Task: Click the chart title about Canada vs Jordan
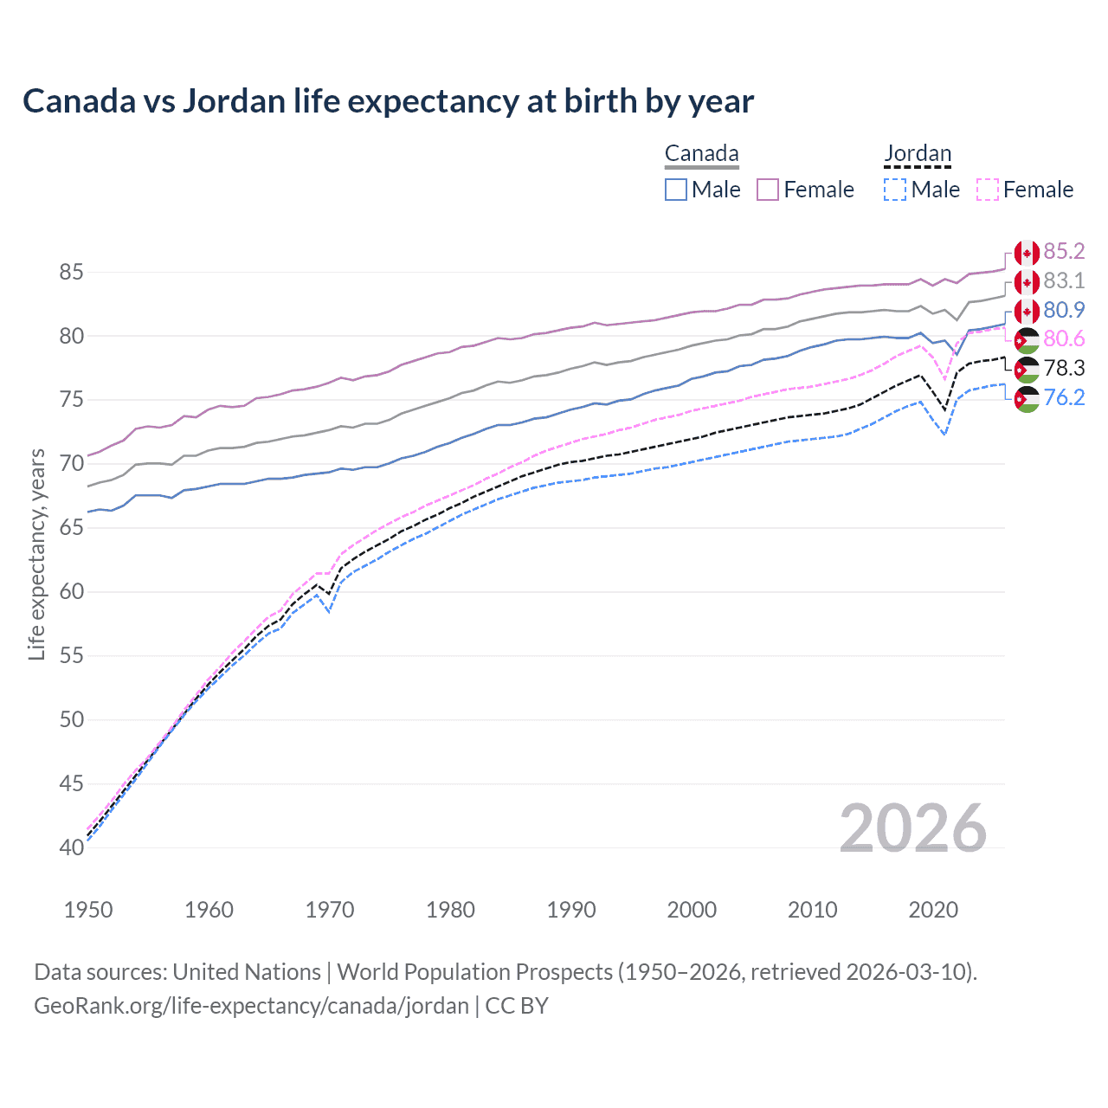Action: pyautogui.click(x=388, y=101)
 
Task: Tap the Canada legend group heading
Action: pyautogui.click(x=701, y=154)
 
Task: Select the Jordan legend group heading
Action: pyautogui.click(x=918, y=154)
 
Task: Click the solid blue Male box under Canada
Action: pyautogui.click(x=676, y=190)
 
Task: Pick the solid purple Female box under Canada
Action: pyautogui.click(x=768, y=190)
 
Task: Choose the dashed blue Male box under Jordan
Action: pyautogui.click(x=895, y=190)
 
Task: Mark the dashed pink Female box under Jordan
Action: pyautogui.click(x=988, y=190)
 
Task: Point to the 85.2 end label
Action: pyautogui.click(x=1064, y=251)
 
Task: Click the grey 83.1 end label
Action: pyautogui.click(x=1064, y=280)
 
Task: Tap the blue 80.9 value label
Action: pyautogui.click(x=1064, y=310)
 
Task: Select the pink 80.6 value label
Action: pyautogui.click(x=1064, y=339)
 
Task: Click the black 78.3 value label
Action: pyautogui.click(x=1064, y=369)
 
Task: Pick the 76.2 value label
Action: pyautogui.click(x=1064, y=398)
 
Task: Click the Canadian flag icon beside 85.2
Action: pyautogui.click(x=1027, y=253)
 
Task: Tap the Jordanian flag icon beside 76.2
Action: pyautogui.click(x=1027, y=399)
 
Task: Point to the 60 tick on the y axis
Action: pyautogui.click(x=71, y=592)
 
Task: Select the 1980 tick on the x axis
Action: pyautogui.click(x=450, y=910)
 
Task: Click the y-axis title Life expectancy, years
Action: pyautogui.click(x=36, y=554)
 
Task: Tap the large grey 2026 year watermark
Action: pyautogui.click(x=913, y=828)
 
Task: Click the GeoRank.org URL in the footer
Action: pyautogui.click(x=251, y=1006)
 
